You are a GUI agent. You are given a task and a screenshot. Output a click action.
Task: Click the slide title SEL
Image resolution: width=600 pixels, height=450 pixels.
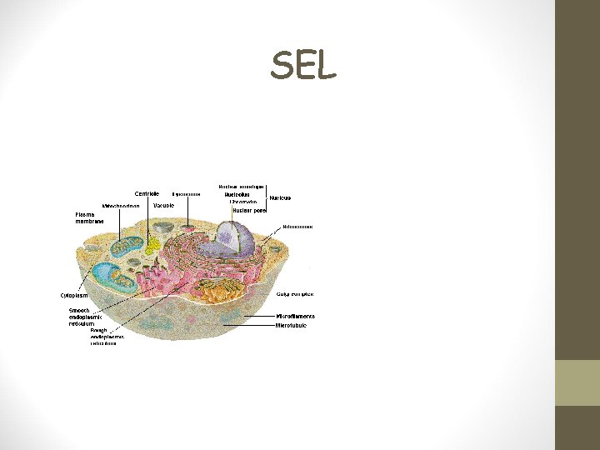point(303,66)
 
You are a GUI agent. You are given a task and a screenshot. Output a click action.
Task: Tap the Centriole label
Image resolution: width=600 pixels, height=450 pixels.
point(147,193)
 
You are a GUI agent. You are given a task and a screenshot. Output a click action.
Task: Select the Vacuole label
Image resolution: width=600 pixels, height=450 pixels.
point(163,204)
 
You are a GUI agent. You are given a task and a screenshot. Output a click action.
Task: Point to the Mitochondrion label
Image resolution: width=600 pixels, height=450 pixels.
point(121,206)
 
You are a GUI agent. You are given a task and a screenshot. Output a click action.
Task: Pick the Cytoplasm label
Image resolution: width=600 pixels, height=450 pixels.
point(74,295)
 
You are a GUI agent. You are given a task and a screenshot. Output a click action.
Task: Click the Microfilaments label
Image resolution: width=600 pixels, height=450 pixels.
point(295,316)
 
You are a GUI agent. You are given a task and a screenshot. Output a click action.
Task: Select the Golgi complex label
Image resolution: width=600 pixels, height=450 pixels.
point(295,294)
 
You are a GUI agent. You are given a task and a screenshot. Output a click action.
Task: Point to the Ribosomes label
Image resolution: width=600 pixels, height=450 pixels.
point(297,226)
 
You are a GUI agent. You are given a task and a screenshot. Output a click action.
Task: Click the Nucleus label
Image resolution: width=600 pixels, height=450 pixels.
point(279,198)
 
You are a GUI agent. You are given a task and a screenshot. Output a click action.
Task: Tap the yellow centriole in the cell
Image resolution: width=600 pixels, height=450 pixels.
point(152,245)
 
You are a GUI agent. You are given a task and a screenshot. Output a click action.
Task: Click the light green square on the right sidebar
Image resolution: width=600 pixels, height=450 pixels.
point(577,382)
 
